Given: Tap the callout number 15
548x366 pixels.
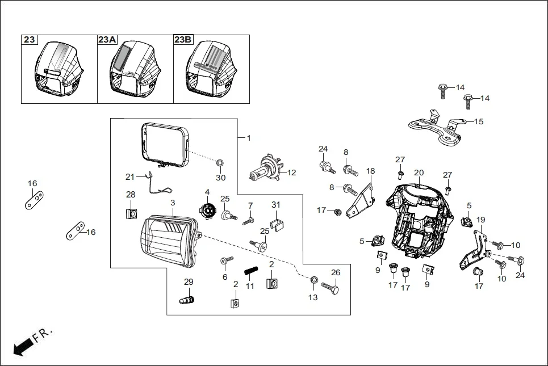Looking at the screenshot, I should pos(478,121).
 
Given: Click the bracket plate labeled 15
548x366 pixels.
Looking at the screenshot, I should pos(434,131).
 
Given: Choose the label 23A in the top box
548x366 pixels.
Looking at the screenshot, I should pos(107,40).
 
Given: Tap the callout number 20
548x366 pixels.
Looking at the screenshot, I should pos(419,173).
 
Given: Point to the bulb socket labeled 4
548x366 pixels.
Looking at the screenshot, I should pos(207,212).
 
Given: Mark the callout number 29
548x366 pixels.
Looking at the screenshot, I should pos(189,282).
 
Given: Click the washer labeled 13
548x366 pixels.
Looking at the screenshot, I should pos(313,280).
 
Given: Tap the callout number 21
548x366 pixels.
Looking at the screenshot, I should pos(129,176).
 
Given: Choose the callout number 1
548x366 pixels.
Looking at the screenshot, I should pos(248,138).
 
